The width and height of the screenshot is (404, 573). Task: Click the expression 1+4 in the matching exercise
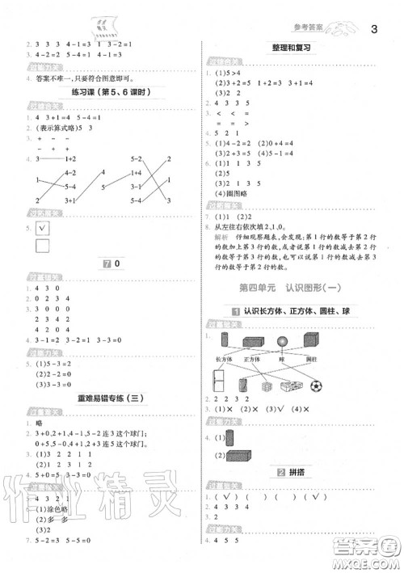(135, 173)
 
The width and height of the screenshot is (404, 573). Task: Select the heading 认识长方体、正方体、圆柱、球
(303, 311)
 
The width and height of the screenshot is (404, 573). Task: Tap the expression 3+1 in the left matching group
(70, 200)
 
